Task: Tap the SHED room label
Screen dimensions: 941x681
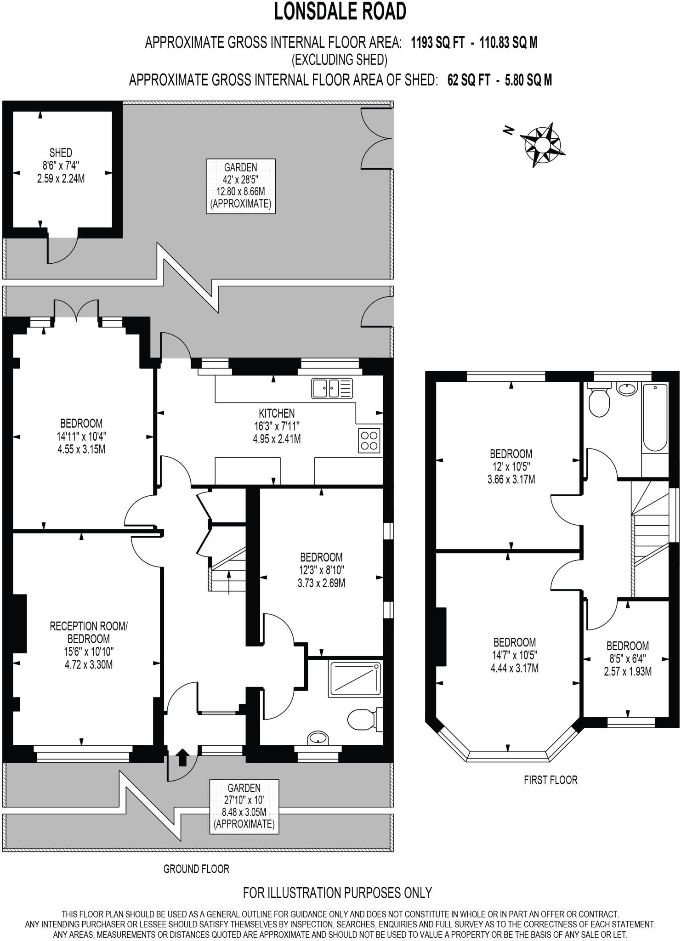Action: coord(61,153)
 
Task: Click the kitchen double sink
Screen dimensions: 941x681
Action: coord(332,388)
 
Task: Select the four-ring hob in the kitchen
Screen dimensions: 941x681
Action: coord(369,440)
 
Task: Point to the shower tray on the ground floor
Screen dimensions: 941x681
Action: coord(355,678)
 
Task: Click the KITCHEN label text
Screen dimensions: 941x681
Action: coord(277,413)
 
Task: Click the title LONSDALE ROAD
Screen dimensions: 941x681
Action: coord(340,12)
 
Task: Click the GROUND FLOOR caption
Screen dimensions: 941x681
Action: coord(196,869)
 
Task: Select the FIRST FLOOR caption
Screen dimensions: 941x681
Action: coord(550,780)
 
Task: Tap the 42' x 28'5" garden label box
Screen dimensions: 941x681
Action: coord(240,186)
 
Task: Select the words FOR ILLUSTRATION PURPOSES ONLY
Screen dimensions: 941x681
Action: coord(337,892)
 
